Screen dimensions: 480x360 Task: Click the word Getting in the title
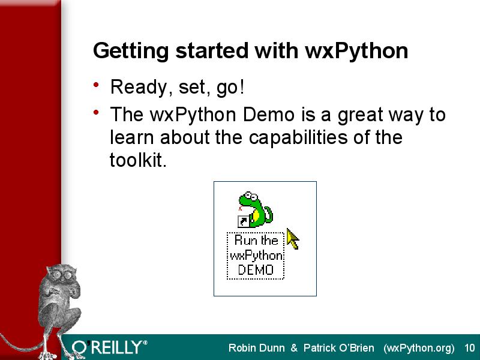click(x=131, y=51)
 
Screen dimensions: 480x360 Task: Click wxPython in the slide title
click(x=356, y=51)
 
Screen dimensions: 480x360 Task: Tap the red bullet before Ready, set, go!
click(x=96, y=85)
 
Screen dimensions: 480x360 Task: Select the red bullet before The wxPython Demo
click(x=96, y=112)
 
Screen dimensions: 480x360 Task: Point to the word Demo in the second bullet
click(x=268, y=115)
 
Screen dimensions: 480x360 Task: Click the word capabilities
click(x=298, y=138)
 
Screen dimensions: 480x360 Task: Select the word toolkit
click(x=138, y=160)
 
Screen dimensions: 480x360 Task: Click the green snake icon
click(x=256, y=209)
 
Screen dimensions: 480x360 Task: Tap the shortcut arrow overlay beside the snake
click(x=244, y=221)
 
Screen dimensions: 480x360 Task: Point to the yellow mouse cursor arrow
click(x=293, y=238)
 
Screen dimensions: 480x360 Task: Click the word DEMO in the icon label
click(x=256, y=270)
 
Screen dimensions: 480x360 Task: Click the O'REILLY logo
click(x=109, y=347)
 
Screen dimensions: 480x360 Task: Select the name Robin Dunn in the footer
click(x=257, y=348)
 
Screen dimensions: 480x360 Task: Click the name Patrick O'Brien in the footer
click(x=339, y=348)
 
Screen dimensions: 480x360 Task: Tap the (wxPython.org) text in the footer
click(x=419, y=349)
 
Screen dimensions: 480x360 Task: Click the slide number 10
click(x=470, y=348)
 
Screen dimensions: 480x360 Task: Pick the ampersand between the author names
click(x=294, y=348)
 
